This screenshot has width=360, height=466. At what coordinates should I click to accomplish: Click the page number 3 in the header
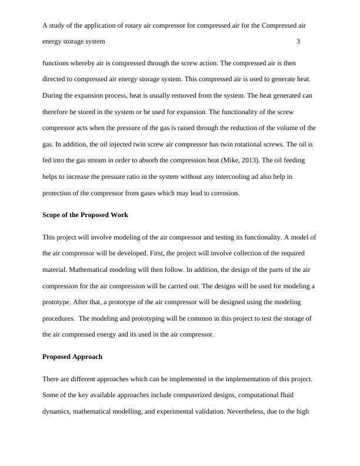pos(299,42)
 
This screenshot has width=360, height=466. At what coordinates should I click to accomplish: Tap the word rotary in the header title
pos(136,26)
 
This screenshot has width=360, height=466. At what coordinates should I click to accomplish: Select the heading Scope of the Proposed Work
pos(85,215)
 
